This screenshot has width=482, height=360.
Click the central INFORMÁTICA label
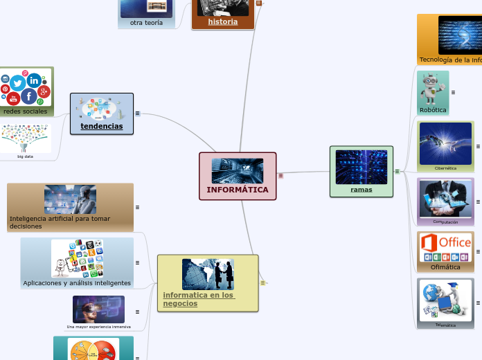click(238, 190)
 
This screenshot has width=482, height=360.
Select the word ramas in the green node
click(361, 190)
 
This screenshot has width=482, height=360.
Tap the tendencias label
click(102, 127)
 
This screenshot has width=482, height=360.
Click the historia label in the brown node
click(223, 21)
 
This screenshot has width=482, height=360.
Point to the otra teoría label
click(146, 23)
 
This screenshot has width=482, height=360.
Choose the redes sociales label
click(26, 111)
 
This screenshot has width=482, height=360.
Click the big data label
click(26, 156)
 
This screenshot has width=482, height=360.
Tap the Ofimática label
click(445, 267)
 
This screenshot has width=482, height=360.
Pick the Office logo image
click(445, 246)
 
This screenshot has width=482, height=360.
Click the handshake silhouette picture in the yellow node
click(208, 274)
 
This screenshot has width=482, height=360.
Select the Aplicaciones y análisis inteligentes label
click(77, 283)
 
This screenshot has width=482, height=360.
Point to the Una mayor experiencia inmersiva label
click(98, 327)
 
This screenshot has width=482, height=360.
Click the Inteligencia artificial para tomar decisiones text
click(60, 222)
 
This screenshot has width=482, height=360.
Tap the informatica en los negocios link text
click(199, 299)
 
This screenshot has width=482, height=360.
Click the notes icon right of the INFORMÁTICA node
click(280, 175)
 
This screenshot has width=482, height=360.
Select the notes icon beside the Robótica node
click(453, 92)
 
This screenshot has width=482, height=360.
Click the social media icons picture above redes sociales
click(26, 87)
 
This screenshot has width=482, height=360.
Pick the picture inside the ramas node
click(361, 167)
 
